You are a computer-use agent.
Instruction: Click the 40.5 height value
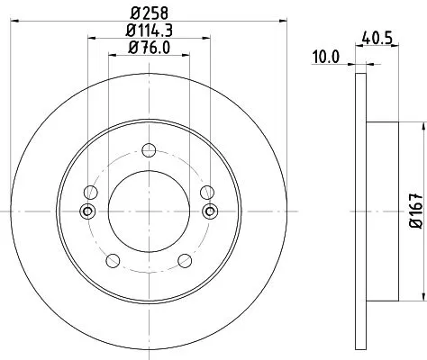(384, 40)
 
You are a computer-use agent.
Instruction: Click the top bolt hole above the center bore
(149, 148)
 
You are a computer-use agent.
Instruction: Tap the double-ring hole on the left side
(87, 211)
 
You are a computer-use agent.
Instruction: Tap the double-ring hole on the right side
(210, 211)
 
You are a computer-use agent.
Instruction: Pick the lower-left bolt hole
(112, 261)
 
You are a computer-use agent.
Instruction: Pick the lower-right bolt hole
(186, 261)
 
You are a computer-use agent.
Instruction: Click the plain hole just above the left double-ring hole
(90, 192)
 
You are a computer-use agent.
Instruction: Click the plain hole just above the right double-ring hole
(207, 192)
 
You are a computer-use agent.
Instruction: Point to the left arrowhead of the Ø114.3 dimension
(91, 39)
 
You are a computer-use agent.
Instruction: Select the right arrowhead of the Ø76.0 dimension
(186, 56)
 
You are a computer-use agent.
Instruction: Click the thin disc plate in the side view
(362, 211)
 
